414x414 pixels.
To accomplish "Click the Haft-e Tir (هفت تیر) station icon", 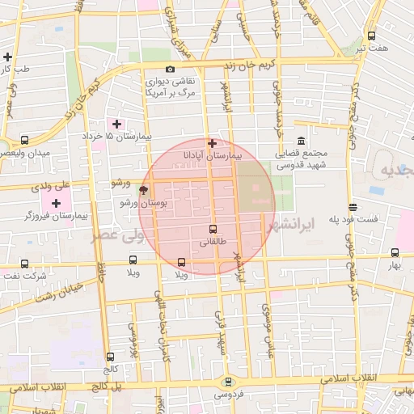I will pyautogui.click(x=371, y=36).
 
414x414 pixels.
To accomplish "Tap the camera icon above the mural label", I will pyautogui.click(x=170, y=70).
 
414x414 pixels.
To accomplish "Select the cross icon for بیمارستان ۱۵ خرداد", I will pyautogui.click(x=117, y=124).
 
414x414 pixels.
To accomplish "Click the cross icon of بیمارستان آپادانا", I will pyautogui.click(x=213, y=142).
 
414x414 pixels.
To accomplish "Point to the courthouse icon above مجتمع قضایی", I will pyautogui.click(x=300, y=141).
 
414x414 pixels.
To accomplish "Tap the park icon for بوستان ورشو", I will pyautogui.click(x=143, y=191).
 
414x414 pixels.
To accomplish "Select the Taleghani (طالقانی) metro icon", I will pyautogui.click(x=213, y=229).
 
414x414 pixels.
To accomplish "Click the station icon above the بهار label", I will pyautogui.click(x=395, y=252).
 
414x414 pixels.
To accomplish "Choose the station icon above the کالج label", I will pyautogui.click(x=110, y=357).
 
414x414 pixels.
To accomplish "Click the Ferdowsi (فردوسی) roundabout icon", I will pyautogui.click(x=226, y=382).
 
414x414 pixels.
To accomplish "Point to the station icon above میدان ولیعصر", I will pyautogui.click(x=24, y=139).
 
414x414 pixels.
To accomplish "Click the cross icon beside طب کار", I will pyautogui.click(x=7, y=57).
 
